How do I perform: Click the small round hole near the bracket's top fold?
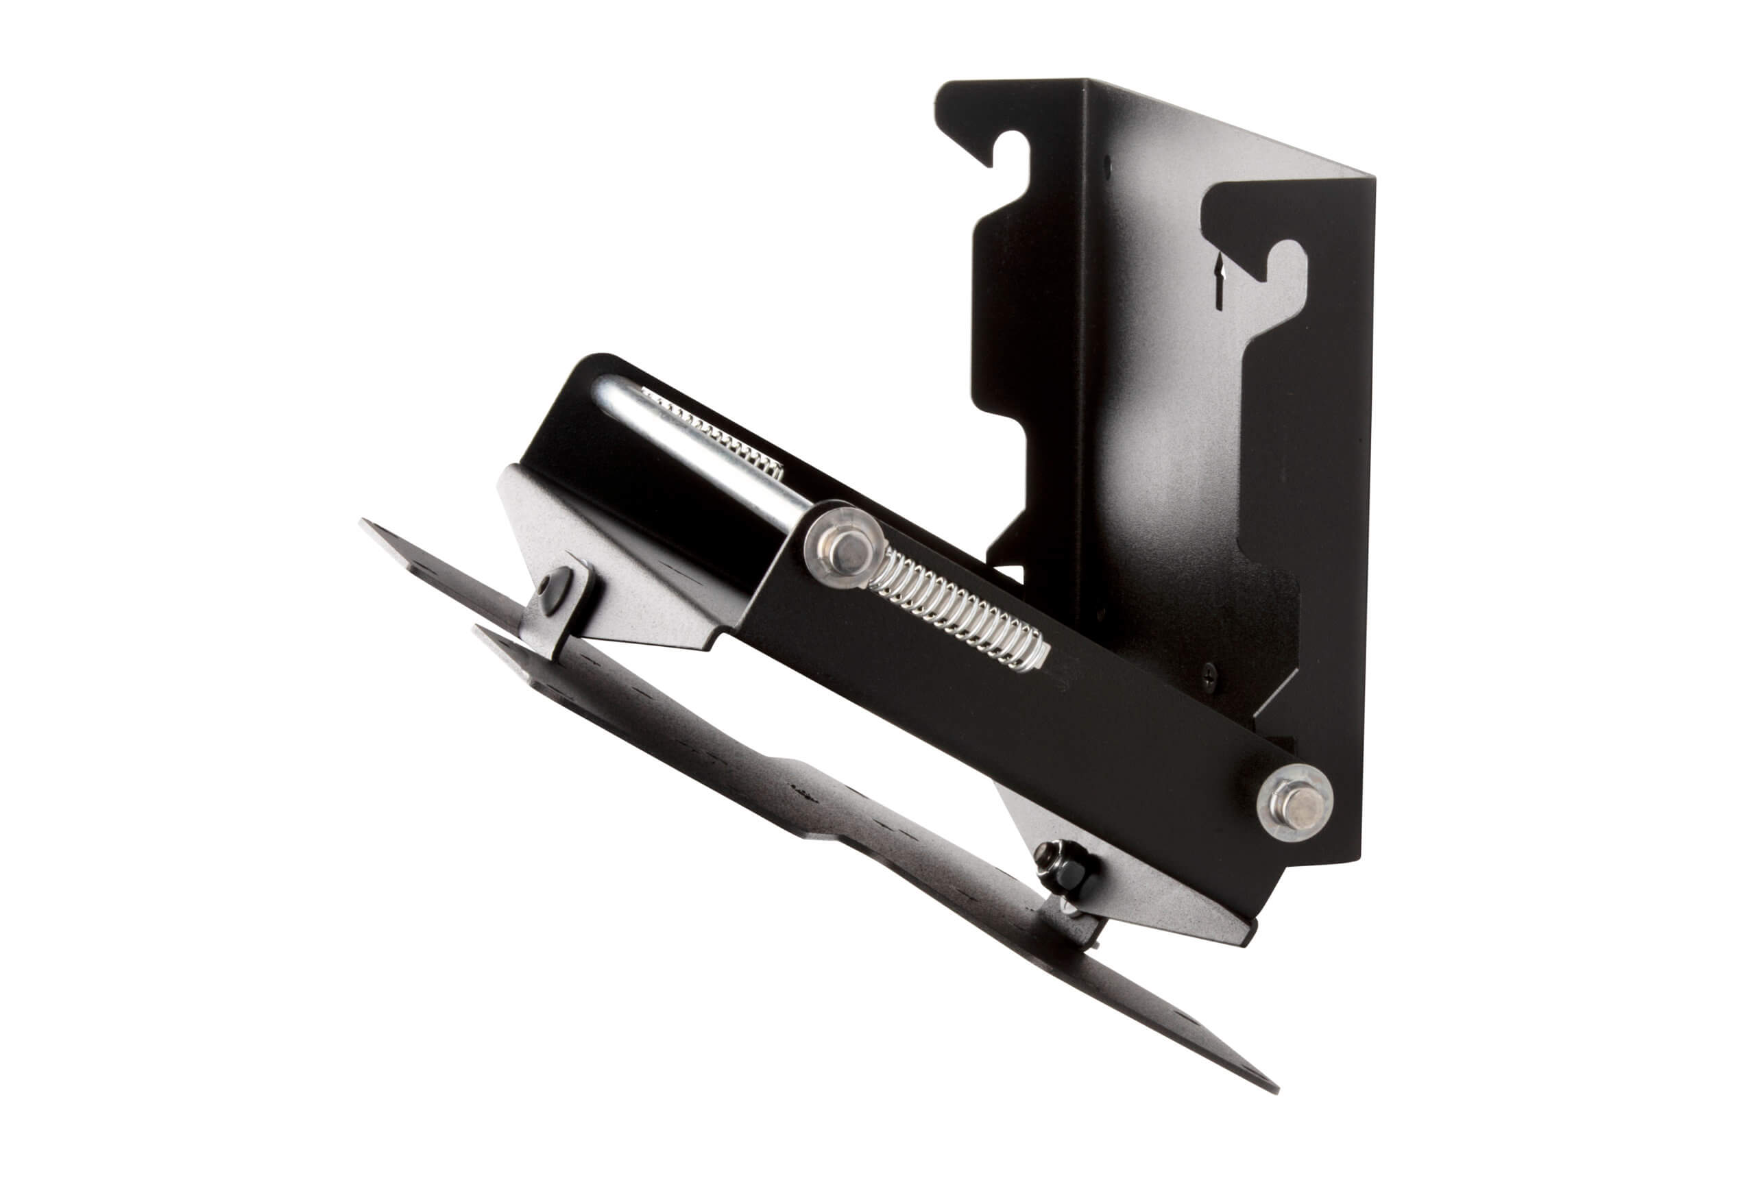point(1108,161)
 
